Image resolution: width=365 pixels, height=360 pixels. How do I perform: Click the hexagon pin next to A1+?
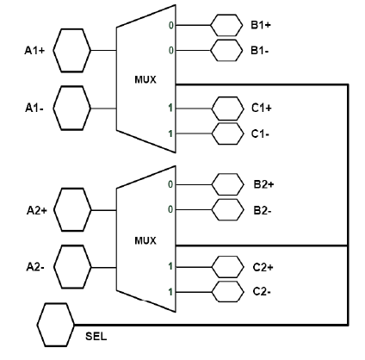pos(72,51)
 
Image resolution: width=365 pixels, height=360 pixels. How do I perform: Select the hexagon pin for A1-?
pos(72,109)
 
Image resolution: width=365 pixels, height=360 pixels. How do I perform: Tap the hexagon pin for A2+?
pos(72,210)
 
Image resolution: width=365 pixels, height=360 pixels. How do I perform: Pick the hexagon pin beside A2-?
pos(72,267)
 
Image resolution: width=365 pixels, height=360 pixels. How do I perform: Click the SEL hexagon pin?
pos(56,325)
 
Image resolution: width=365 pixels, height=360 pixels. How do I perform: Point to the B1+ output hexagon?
pos(226,25)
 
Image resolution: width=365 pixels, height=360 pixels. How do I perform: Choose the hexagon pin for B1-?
pos(226,51)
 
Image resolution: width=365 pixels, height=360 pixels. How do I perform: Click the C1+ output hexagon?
pos(227,109)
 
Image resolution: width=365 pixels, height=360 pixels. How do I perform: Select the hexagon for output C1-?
pos(227,133)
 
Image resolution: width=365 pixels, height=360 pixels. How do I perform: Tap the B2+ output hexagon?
pos(228,184)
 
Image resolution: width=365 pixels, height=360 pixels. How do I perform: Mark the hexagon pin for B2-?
pos(228,210)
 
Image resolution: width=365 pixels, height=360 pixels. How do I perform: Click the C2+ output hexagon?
pos(228,267)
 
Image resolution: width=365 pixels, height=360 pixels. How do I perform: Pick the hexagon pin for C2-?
pos(228,292)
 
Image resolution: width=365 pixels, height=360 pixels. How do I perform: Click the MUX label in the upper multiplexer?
pos(145,79)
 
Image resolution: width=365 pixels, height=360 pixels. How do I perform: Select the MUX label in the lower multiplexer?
pos(145,240)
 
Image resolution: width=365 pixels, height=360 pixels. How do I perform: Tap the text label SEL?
pos(96,336)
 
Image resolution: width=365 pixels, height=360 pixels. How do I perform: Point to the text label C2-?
pos(262,292)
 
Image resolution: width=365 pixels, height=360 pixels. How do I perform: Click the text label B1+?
pos(261,25)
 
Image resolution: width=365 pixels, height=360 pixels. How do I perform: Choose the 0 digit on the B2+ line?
pos(170,184)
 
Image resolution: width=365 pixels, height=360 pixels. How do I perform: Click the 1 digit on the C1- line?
pos(170,133)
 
